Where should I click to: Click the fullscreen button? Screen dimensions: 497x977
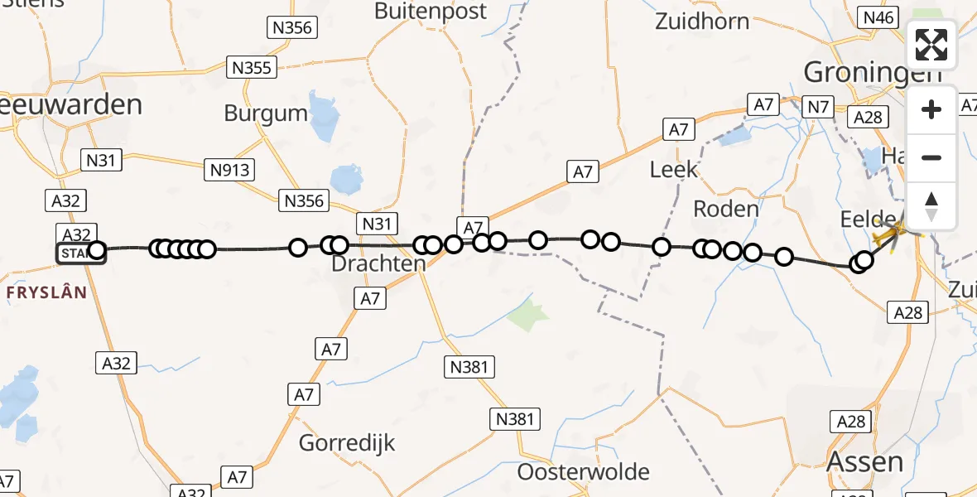coord(931,44)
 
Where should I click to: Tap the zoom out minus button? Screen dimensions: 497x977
coord(931,157)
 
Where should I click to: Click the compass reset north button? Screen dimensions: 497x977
coord(931,206)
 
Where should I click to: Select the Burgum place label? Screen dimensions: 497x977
coord(266,113)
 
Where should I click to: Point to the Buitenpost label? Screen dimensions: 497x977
coord(431,12)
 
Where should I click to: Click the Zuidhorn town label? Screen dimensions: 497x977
coord(702,22)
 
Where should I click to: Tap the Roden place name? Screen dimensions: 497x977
coord(725,209)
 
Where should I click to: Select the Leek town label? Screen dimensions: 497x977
coord(674,170)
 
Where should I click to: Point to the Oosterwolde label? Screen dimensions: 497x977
coord(583,471)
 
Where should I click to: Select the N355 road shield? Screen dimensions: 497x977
coord(252,68)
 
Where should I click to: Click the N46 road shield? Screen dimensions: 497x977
coord(878,17)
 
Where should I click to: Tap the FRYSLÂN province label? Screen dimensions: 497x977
coord(47,292)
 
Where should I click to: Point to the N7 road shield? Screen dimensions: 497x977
coord(818,107)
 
